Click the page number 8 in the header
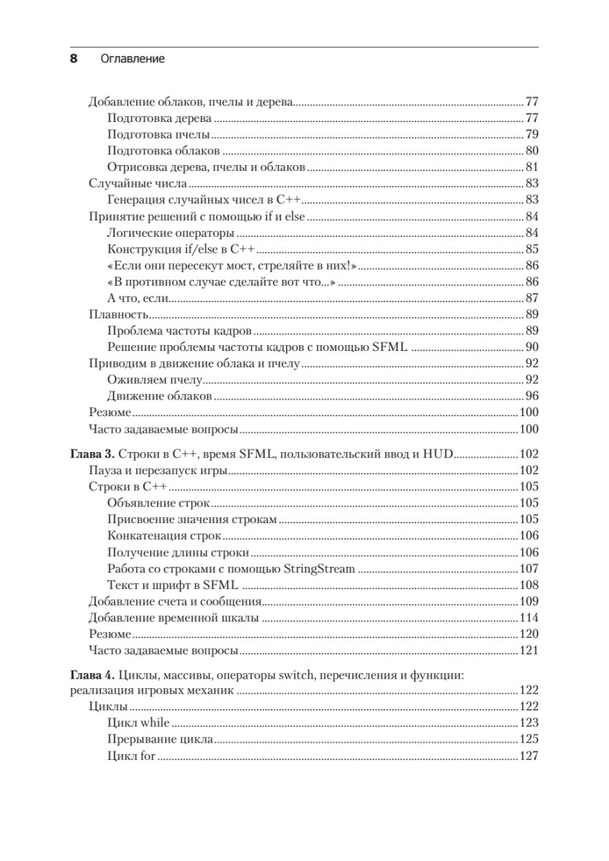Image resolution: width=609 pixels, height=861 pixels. click(72, 59)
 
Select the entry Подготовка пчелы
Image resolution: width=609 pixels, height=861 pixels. click(158, 134)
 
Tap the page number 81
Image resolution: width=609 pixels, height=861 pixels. click(532, 167)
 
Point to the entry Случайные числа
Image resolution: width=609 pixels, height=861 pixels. click(128, 184)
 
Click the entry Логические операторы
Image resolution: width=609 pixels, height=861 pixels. click(171, 233)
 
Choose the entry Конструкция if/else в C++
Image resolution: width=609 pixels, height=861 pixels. click(181, 250)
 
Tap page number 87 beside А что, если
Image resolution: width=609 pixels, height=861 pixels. click(532, 298)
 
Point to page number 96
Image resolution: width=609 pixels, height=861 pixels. click(532, 397)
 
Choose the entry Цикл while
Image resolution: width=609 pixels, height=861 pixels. click(138, 723)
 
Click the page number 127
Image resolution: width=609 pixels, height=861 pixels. click(529, 756)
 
